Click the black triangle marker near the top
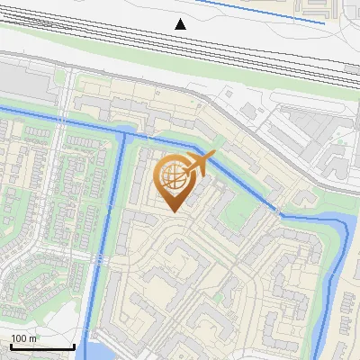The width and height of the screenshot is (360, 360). (181, 23)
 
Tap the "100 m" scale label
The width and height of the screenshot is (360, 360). (24, 337)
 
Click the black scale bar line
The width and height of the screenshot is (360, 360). (42, 346)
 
